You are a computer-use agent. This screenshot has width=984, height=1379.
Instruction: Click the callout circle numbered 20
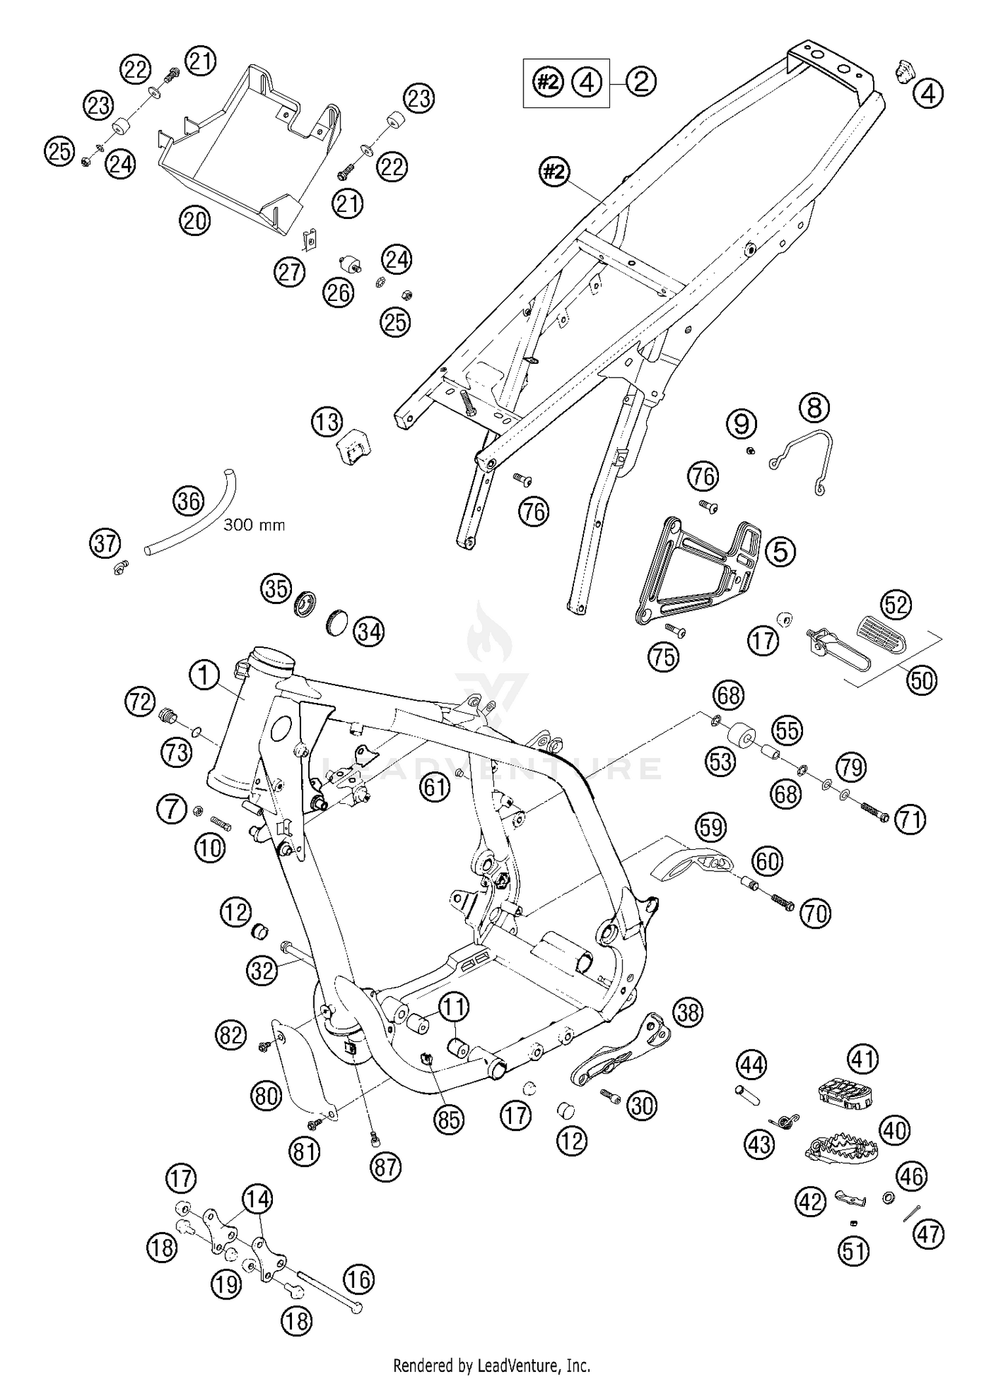[195, 221]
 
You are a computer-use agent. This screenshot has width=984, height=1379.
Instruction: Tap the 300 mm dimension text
[254, 525]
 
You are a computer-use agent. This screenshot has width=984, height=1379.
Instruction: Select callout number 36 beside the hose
[188, 502]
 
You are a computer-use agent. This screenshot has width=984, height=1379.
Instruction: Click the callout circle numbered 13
[327, 422]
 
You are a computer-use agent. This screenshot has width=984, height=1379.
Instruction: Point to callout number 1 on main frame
[204, 675]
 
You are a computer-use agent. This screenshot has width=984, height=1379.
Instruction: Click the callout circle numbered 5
[780, 551]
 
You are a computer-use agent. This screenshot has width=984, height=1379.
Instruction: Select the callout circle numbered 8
[814, 408]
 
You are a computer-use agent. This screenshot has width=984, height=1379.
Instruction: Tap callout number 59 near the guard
[711, 828]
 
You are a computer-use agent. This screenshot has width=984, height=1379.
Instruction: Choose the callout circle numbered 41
[863, 1059]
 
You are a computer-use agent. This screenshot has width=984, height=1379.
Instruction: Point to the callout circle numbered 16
[358, 1279]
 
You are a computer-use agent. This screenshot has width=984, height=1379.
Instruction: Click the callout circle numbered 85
[449, 1120]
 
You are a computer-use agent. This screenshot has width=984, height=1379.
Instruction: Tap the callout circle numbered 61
[435, 786]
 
